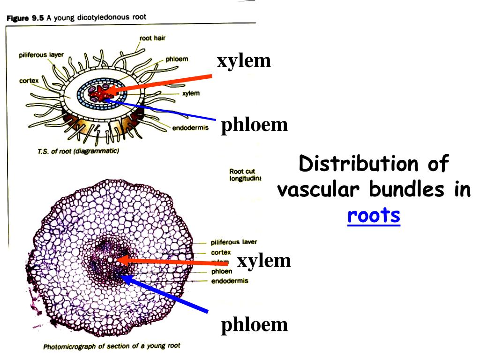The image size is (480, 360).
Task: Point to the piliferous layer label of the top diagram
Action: coord(41,55)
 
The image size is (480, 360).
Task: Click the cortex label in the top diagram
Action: coord(29,81)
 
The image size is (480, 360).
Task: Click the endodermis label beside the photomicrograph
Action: coord(230,281)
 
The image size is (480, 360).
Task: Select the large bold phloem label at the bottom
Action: coord(255,324)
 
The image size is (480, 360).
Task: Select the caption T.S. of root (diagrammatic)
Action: coord(78,151)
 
